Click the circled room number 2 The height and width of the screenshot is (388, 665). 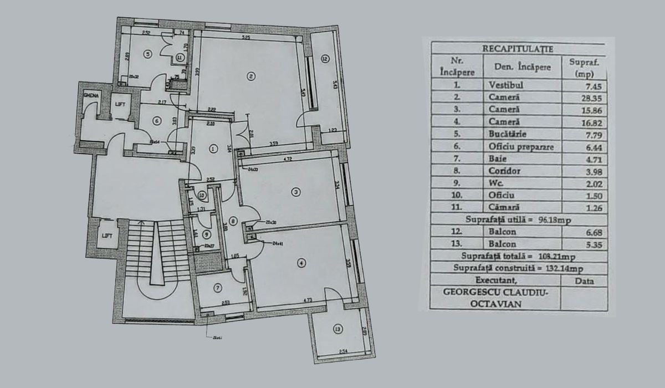[x=251, y=76]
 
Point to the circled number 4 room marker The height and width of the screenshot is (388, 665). [x=301, y=263]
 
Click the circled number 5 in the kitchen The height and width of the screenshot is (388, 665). [x=147, y=54]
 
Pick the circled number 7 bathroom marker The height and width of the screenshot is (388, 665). [x=218, y=287]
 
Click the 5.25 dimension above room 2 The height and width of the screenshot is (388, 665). [x=247, y=37]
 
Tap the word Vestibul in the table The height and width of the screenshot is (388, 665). [x=506, y=86]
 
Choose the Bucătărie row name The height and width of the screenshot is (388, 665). [x=508, y=134]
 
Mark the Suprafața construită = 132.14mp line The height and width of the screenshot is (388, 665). [x=518, y=268]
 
